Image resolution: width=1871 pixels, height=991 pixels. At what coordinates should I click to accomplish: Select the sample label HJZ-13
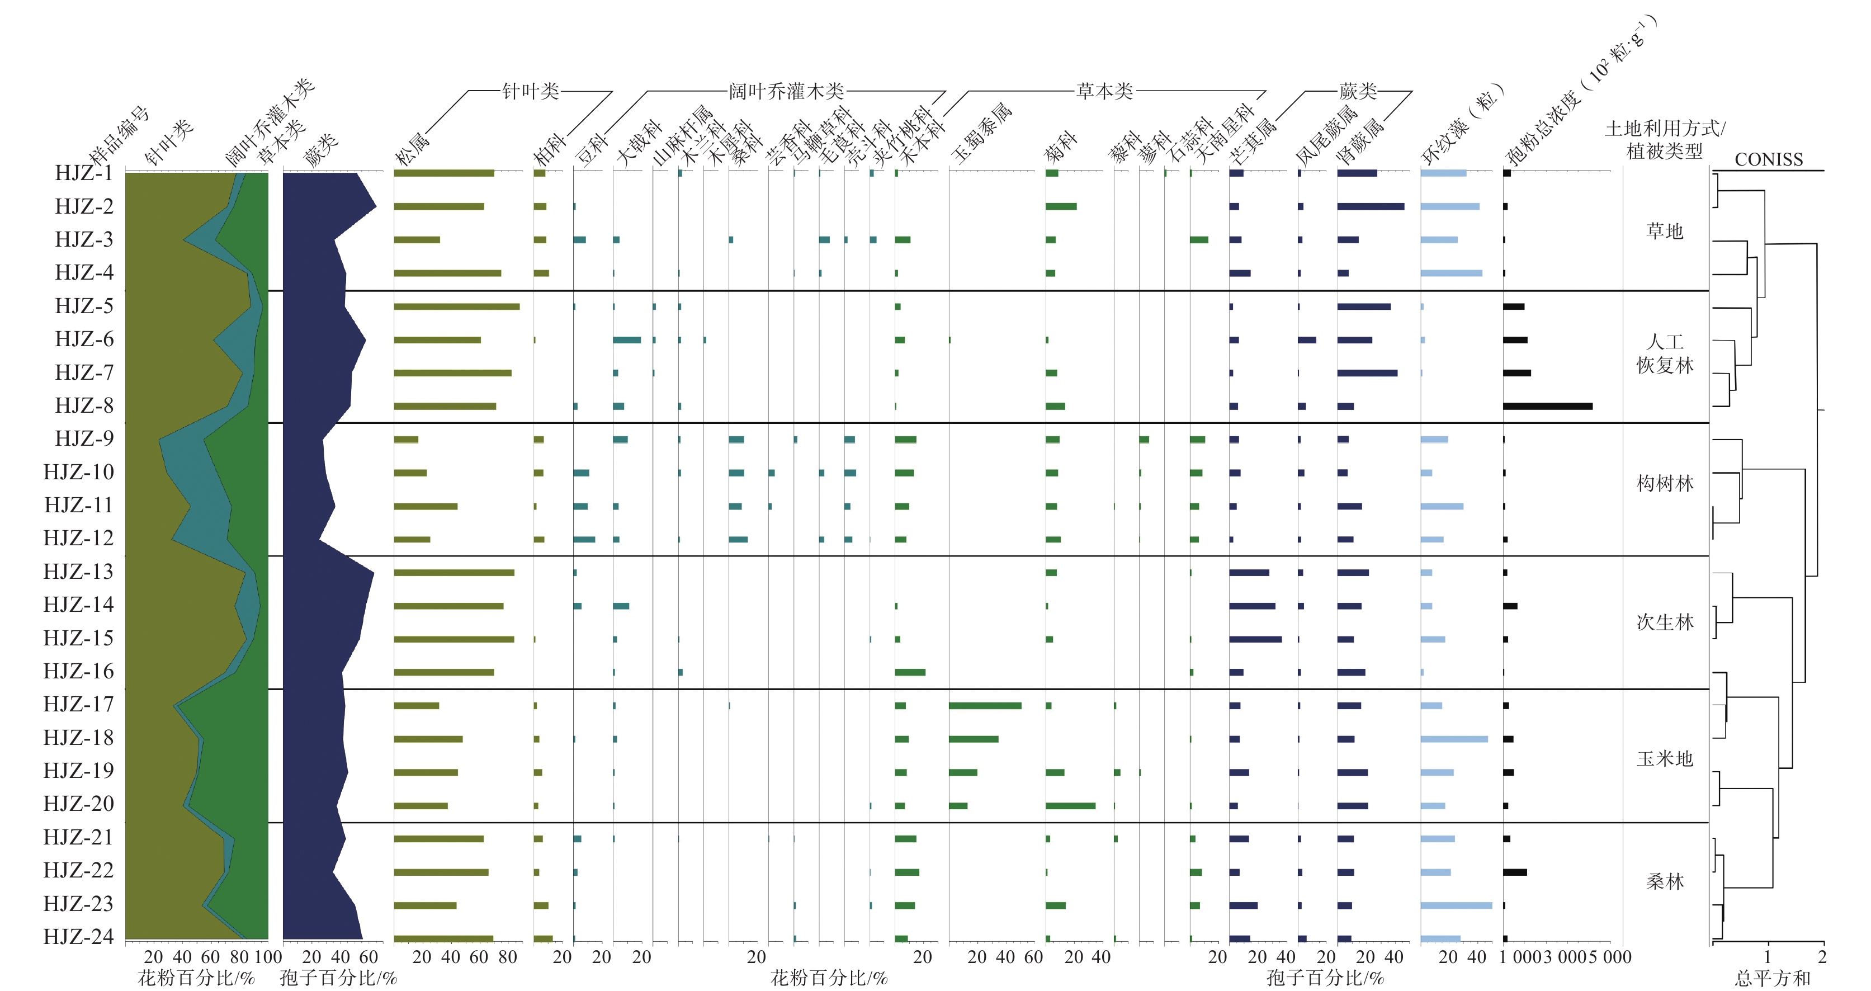[x=78, y=572]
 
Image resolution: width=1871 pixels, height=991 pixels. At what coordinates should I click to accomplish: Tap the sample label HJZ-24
[x=78, y=937]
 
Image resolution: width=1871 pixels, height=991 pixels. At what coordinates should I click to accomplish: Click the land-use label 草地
[x=1664, y=231]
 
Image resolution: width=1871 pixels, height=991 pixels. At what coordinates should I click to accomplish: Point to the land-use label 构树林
[x=1665, y=483]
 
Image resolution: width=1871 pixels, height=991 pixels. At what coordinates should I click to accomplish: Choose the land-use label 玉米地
[x=1665, y=758]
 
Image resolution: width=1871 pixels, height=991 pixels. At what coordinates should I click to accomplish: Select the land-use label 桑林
[x=1665, y=882]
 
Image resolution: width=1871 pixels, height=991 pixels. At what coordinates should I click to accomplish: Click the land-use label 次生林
[x=1665, y=622]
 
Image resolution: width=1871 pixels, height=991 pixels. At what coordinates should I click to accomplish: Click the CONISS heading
[x=1769, y=160]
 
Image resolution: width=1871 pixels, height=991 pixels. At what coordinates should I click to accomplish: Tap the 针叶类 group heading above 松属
[x=530, y=91]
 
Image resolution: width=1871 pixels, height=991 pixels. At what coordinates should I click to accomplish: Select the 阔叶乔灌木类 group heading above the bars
[x=786, y=91]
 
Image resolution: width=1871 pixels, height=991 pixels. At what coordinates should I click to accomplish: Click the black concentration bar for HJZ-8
[x=1547, y=406]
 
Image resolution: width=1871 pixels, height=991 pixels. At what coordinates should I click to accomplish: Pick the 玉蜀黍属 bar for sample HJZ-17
[x=984, y=705]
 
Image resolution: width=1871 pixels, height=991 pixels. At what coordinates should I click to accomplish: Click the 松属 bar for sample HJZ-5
[x=456, y=306]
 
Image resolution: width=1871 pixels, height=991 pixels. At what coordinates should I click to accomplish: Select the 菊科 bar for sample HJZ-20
[x=1070, y=806]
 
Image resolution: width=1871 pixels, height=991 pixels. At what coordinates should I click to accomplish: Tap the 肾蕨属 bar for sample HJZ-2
[x=1370, y=206]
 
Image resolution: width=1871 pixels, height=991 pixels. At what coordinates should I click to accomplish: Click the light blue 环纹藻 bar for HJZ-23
[x=1456, y=905]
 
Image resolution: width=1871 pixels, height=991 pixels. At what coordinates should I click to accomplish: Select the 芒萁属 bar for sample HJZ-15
[x=1255, y=639]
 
